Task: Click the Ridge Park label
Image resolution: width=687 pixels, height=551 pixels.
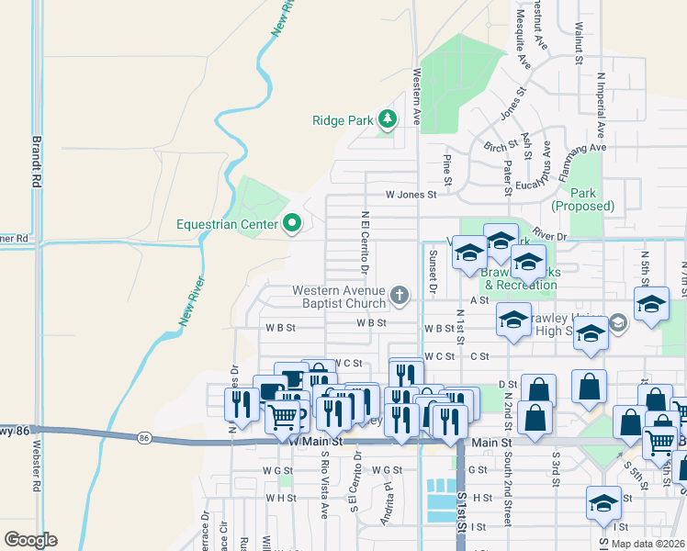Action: pos(343,120)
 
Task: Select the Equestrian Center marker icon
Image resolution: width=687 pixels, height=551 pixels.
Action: pos(293,223)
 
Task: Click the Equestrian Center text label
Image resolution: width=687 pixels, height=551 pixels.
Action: pos(229,224)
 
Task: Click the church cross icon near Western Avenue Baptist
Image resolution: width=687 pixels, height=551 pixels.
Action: pos(399,295)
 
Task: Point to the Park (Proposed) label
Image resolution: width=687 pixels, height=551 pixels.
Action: pos(591,200)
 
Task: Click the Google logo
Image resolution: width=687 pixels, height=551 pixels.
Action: pos(30,540)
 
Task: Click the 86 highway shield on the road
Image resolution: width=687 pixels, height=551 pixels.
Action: pos(145,438)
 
